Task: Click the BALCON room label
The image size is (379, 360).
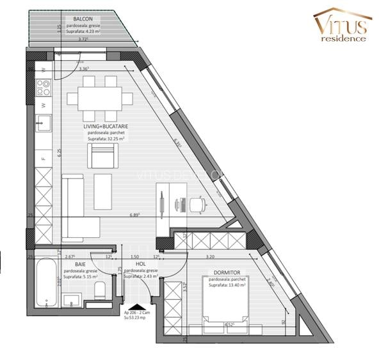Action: click(83, 20)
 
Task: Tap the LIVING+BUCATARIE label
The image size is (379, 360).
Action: click(105, 127)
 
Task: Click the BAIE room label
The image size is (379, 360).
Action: click(81, 263)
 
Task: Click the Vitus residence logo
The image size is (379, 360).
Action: click(343, 26)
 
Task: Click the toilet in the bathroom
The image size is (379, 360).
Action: click(101, 292)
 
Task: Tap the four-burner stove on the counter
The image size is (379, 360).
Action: click(44, 84)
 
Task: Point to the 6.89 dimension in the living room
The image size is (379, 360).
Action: click(135, 215)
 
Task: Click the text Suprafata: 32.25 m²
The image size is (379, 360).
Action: click(106, 139)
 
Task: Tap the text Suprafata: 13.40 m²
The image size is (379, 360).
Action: click(227, 285)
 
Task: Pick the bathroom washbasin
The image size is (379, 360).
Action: click(73, 299)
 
